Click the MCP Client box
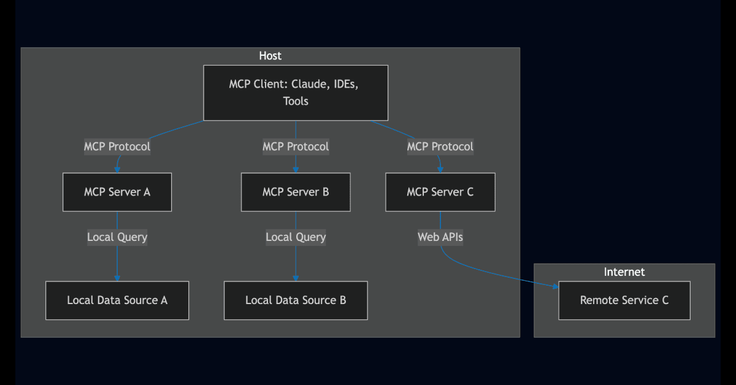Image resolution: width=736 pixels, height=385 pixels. [296, 93]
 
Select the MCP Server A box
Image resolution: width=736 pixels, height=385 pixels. [117, 192]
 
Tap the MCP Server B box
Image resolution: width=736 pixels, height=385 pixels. [296, 192]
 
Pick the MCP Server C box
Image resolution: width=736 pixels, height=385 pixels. [440, 192]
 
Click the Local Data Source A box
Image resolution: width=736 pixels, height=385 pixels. [117, 300]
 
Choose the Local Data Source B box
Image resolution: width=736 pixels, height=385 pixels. [296, 300]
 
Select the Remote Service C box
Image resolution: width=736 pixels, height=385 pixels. [624, 300]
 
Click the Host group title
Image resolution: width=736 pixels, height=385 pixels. [270, 56]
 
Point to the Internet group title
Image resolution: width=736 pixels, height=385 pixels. [624, 272]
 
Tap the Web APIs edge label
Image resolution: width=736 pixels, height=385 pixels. [440, 237]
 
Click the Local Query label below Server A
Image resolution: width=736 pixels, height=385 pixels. [117, 237]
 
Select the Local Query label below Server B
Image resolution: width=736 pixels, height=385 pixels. [296, 237]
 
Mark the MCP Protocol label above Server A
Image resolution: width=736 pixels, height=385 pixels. [117, 147]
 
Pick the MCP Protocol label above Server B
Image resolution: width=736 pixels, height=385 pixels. [296, 147]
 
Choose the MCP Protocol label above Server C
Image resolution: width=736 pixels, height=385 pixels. [440, 147]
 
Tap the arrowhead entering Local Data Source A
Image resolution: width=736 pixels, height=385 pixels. [117, 278]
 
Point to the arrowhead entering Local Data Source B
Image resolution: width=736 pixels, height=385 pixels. [296, 278]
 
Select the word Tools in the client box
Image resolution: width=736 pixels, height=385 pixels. [296, 101]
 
